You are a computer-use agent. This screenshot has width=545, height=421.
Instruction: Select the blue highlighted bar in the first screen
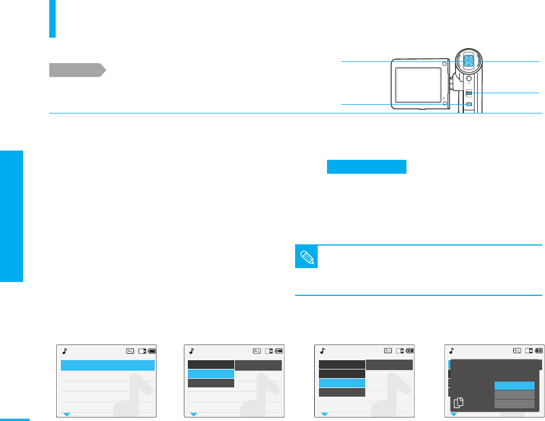[108, 365]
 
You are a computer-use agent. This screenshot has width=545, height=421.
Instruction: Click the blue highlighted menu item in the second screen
[210, 374]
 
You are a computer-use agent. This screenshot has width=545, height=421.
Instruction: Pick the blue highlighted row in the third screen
[342, 383]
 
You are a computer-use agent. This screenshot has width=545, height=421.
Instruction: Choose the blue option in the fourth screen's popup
[514, 386]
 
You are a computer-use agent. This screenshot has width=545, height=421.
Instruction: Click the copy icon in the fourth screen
[459, 402]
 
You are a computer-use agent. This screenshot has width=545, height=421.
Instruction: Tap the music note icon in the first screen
[65, 350]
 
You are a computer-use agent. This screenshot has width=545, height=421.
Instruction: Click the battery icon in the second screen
[279, 350]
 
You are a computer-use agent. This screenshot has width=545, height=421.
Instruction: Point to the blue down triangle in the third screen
[325, 414]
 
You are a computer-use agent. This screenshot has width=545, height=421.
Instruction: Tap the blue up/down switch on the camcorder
[468, 60]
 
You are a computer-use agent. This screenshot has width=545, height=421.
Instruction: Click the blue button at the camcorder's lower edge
[469, 104]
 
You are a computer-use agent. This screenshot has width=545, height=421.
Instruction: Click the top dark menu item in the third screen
[342, 364]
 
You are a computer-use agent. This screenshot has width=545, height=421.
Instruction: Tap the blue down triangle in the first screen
[66, 414]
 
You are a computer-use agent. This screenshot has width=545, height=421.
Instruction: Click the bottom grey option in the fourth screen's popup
[514, 404]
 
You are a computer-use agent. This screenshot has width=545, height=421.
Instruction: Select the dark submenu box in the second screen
[258, 365]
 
